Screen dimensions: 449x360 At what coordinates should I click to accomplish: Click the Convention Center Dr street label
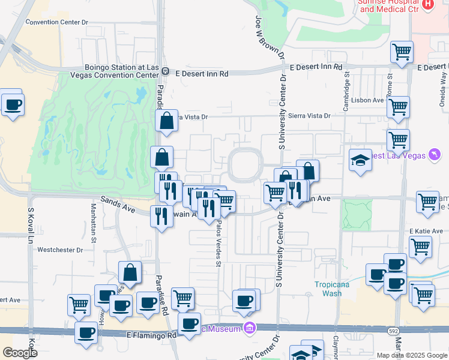56,22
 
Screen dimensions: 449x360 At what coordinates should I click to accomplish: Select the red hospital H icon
428,4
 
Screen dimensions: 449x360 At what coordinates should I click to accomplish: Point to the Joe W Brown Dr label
270,37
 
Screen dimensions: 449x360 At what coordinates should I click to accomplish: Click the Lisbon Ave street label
368,100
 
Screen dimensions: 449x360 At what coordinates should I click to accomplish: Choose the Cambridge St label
346,91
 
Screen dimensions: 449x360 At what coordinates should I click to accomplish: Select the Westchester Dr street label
61,250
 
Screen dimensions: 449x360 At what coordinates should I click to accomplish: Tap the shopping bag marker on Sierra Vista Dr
166,121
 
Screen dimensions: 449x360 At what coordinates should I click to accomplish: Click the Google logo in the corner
20,353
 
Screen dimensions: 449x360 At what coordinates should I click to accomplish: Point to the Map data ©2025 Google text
411,355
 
